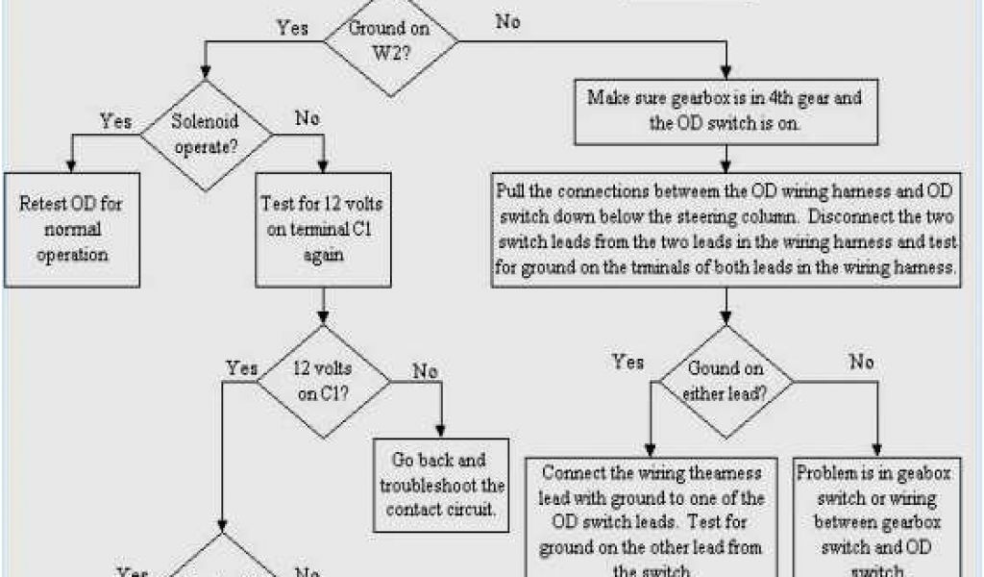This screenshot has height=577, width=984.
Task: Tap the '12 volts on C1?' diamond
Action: coord(323,380)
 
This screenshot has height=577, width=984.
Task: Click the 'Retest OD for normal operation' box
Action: coord(72,229)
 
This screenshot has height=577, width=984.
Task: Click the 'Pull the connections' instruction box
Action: coord(726,229)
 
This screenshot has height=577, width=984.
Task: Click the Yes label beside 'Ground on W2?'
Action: coord(292,27)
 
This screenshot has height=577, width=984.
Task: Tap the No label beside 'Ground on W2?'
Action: coord(508,22)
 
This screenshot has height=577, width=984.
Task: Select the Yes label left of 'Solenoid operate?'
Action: coord(116,121)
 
